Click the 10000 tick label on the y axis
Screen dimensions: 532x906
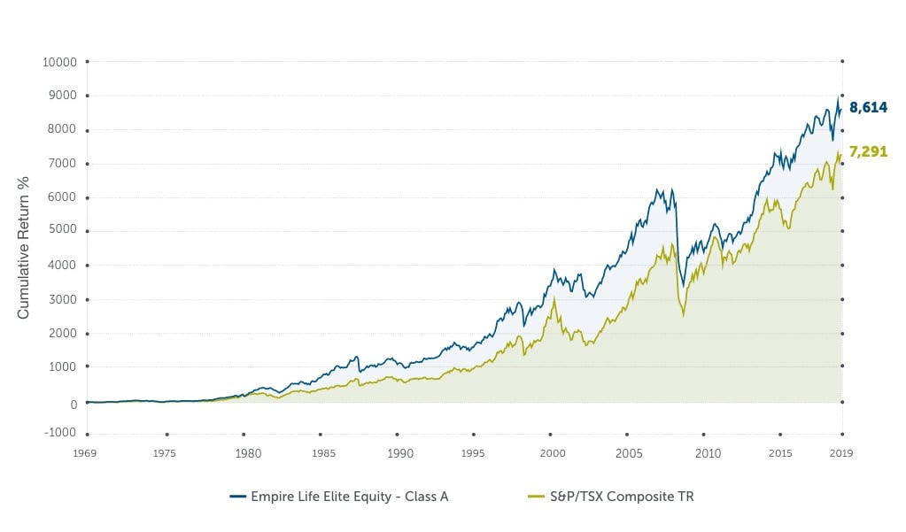(60, 62)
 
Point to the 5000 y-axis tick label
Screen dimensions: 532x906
(63, 232)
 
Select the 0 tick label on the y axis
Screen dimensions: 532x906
(74, 403)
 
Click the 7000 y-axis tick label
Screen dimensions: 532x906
(63, 164)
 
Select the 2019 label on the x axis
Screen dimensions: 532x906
(840, 453)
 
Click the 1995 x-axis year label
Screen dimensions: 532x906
(474, 453)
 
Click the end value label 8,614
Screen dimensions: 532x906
(868, 107)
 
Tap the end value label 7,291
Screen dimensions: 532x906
(868, 151)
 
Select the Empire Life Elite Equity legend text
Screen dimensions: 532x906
(352, 497)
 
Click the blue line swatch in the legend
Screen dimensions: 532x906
(238, 497)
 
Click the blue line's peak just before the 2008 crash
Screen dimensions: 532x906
(656, 189)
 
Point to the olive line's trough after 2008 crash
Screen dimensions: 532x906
(683, 315)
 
